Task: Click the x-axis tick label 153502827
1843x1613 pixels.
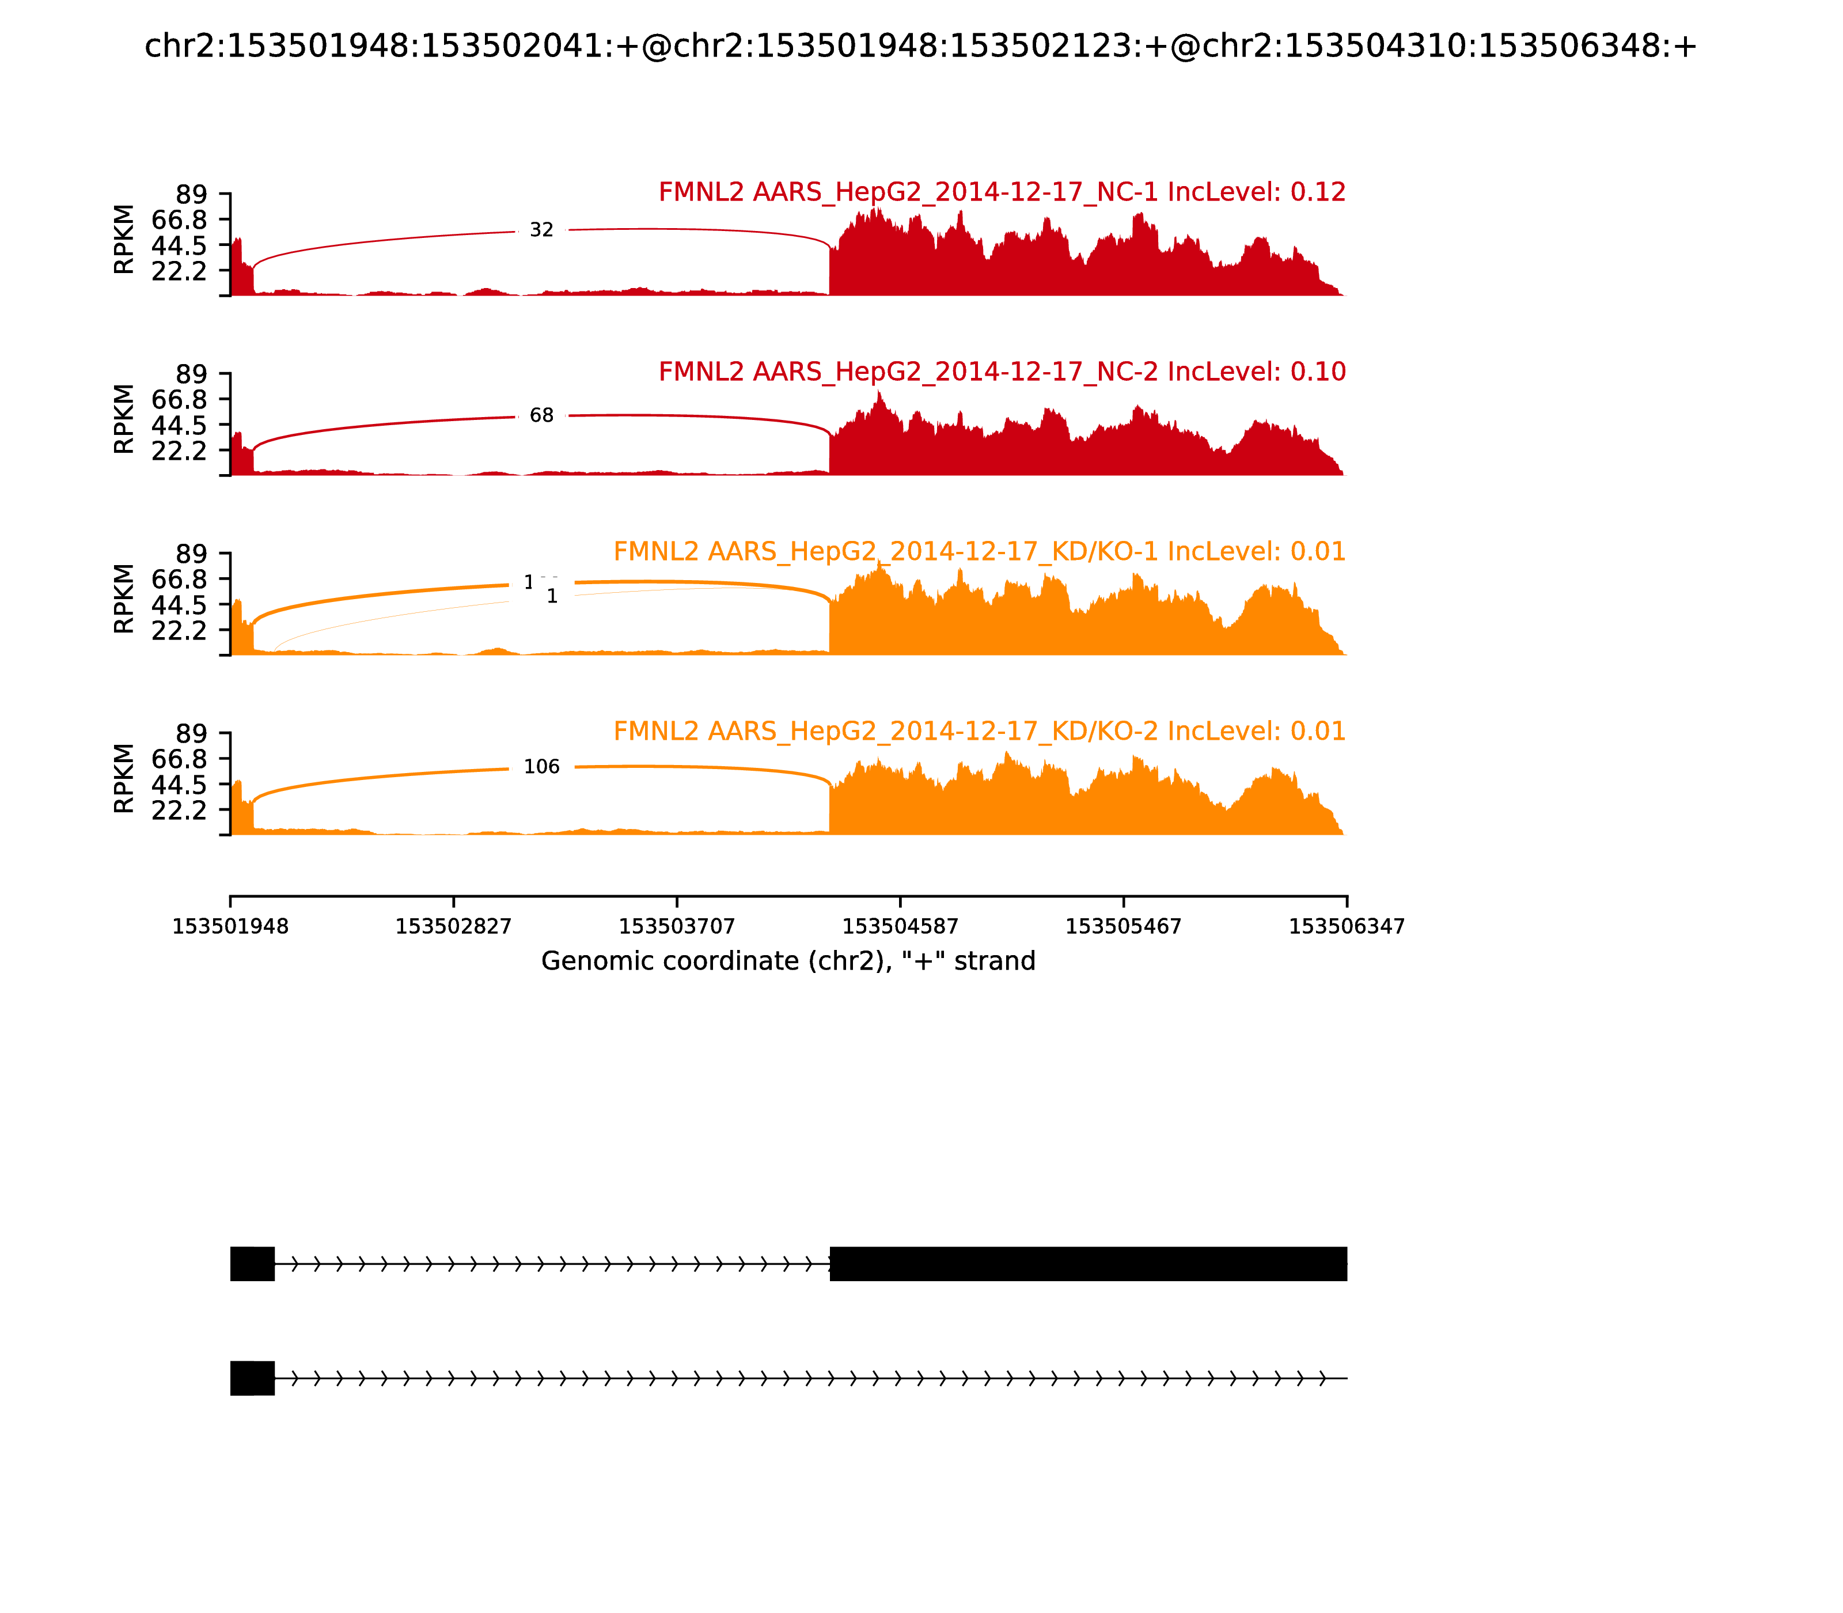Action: pyautogui.click(x=454, y=927)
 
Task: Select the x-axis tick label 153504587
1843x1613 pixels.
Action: pyautogui.click(x=900, y=927)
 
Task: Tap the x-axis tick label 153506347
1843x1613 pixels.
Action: pyautogui.click(x=1347, y=927)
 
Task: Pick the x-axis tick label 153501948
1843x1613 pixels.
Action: pyautogui.click(x=230, y=927)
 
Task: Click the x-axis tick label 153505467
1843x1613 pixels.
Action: pyautogui.click(x=1123, y=927)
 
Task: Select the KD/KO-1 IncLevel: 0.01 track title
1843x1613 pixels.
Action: pyautogui.click(x=979, y=552)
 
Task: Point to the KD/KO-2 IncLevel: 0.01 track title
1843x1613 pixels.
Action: pyautogui.click(x=979, y=731)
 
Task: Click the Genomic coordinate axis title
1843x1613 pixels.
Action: pyautogui.click(x=788, y=961)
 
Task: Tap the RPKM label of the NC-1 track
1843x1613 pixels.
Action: pyautogui.click(x=124, y=240)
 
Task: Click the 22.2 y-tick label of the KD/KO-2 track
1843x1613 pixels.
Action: pyautogui.click(x=179, y=810)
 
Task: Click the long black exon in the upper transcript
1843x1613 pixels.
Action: pyautogui.click(x=1088, y=1264)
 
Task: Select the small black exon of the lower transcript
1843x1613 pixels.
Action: pyautogui.click(x=252, y=1378)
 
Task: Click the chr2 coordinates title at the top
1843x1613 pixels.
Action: pyautogui.click(x=920, y=47)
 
